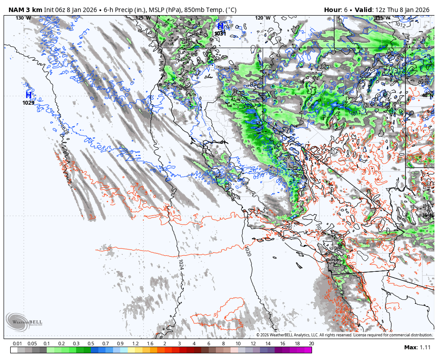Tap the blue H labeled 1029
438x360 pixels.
[x=28, y=95]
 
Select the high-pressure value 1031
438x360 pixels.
[x=220, y=33]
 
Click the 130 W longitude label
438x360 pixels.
[x=24, y=18]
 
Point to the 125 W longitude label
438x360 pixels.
[x=143, y=18]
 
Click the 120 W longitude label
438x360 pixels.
[x=263, y=18]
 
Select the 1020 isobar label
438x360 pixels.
[x=247, y=251]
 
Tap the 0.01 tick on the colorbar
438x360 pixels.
[x=18, y=344]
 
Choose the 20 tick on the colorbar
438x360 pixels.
[x=311, y=344]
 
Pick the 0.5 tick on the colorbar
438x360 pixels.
[x=91, y=344]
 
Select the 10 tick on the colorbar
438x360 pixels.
[x=238, y=344]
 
